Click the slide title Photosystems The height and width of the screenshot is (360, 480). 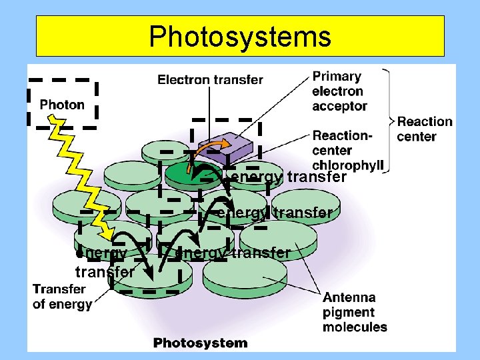(x=240, y=37)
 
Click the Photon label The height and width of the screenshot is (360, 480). (x=62, y=105)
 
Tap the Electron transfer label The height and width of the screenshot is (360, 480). (x=210, y=80)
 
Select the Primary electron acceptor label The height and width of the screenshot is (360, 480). (x=339, y=91)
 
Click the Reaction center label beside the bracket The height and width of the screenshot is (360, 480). (x=425, y=129)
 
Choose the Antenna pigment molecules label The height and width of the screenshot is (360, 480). (x=355, y=312)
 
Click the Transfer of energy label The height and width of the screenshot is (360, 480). (x=62, y=297)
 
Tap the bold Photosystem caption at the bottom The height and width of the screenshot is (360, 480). (x=200, y=343)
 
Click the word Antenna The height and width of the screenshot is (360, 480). (x=349, y=297)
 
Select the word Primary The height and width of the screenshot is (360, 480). (x=337, y=77)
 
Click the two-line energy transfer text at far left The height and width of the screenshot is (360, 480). (x=103, y=263)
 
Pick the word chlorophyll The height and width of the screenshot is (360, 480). (x=348, y=166)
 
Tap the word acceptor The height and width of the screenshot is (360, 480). (x=339, y=106)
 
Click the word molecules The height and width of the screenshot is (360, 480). (x=355, y=327)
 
